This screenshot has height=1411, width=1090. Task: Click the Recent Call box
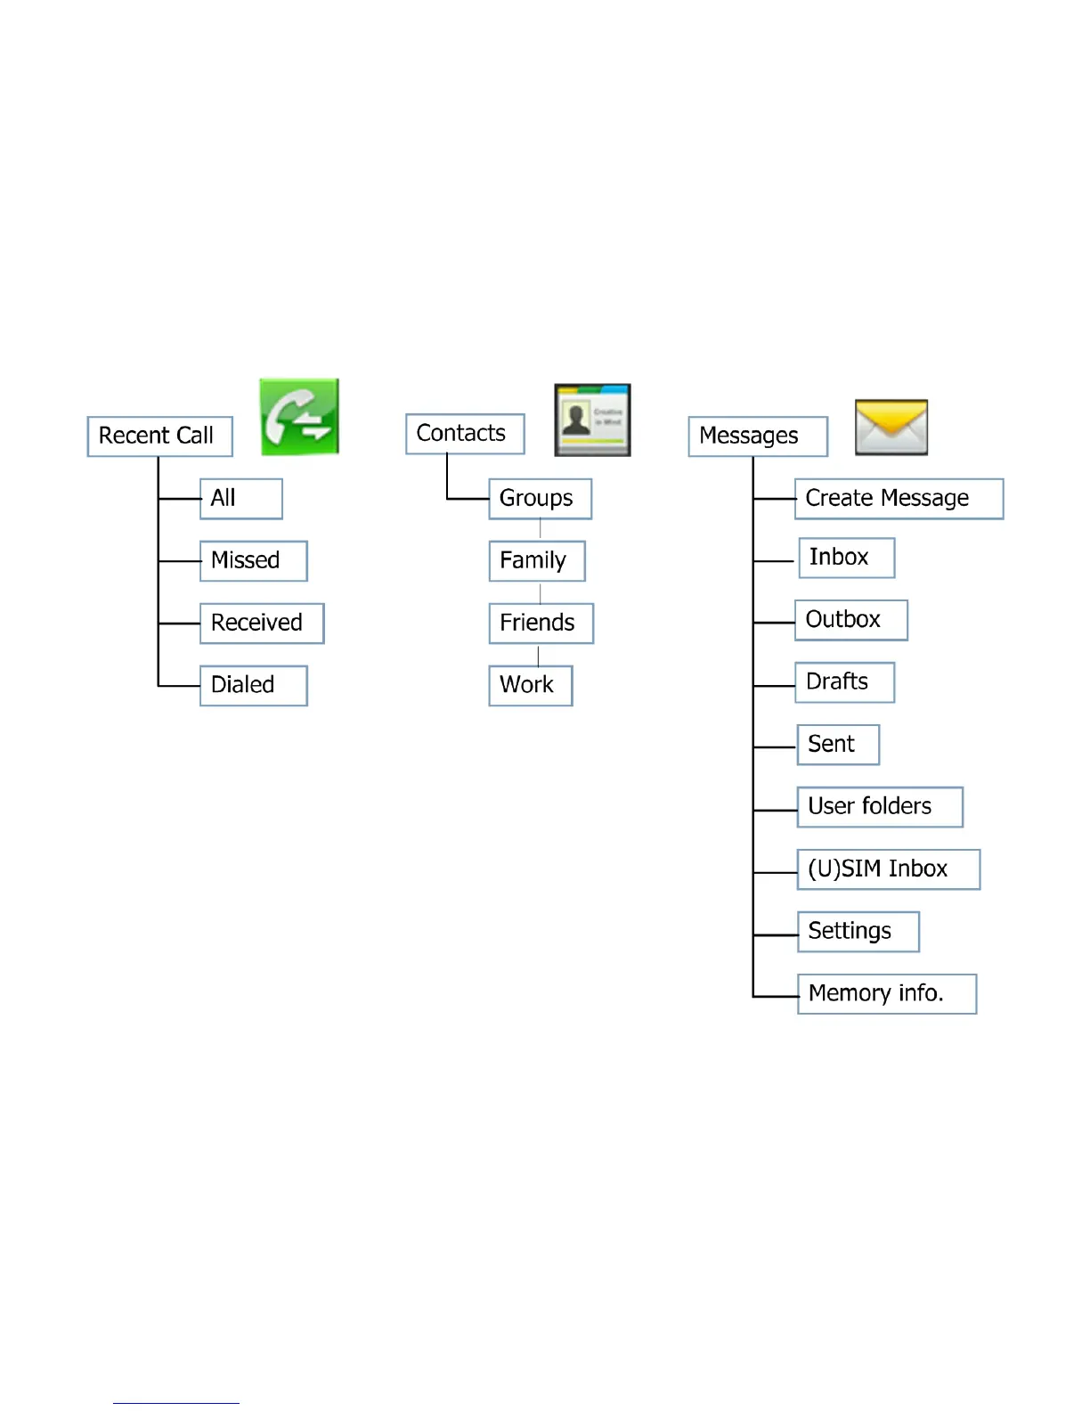point(159,436)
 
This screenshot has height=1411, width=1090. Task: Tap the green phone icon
point(299,417)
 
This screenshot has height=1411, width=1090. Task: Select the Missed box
point(253,561)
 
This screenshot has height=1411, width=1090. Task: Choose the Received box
point(261,624)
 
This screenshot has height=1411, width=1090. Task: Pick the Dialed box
point(253,686)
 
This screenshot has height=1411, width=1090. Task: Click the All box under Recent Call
point(240,499)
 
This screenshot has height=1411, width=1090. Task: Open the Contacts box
point(465,434)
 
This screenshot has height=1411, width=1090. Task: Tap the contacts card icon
point(592,420)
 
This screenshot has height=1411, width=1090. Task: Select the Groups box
point(540,499)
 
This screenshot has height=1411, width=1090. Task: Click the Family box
point(536,561)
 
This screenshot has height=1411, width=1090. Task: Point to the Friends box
point(541,624)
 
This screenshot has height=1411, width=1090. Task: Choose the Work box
point(530,686)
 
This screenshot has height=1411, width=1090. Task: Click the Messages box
point(758,436)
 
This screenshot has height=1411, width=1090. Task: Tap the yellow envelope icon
point(891,427)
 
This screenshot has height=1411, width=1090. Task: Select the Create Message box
point(899,499)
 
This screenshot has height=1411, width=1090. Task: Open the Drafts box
point(844,682)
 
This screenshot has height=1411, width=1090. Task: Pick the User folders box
point(880,807)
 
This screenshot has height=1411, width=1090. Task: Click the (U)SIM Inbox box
point(888,869)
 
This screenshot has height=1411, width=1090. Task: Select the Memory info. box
point(886,994)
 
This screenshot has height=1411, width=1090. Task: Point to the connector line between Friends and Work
point(539,656)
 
